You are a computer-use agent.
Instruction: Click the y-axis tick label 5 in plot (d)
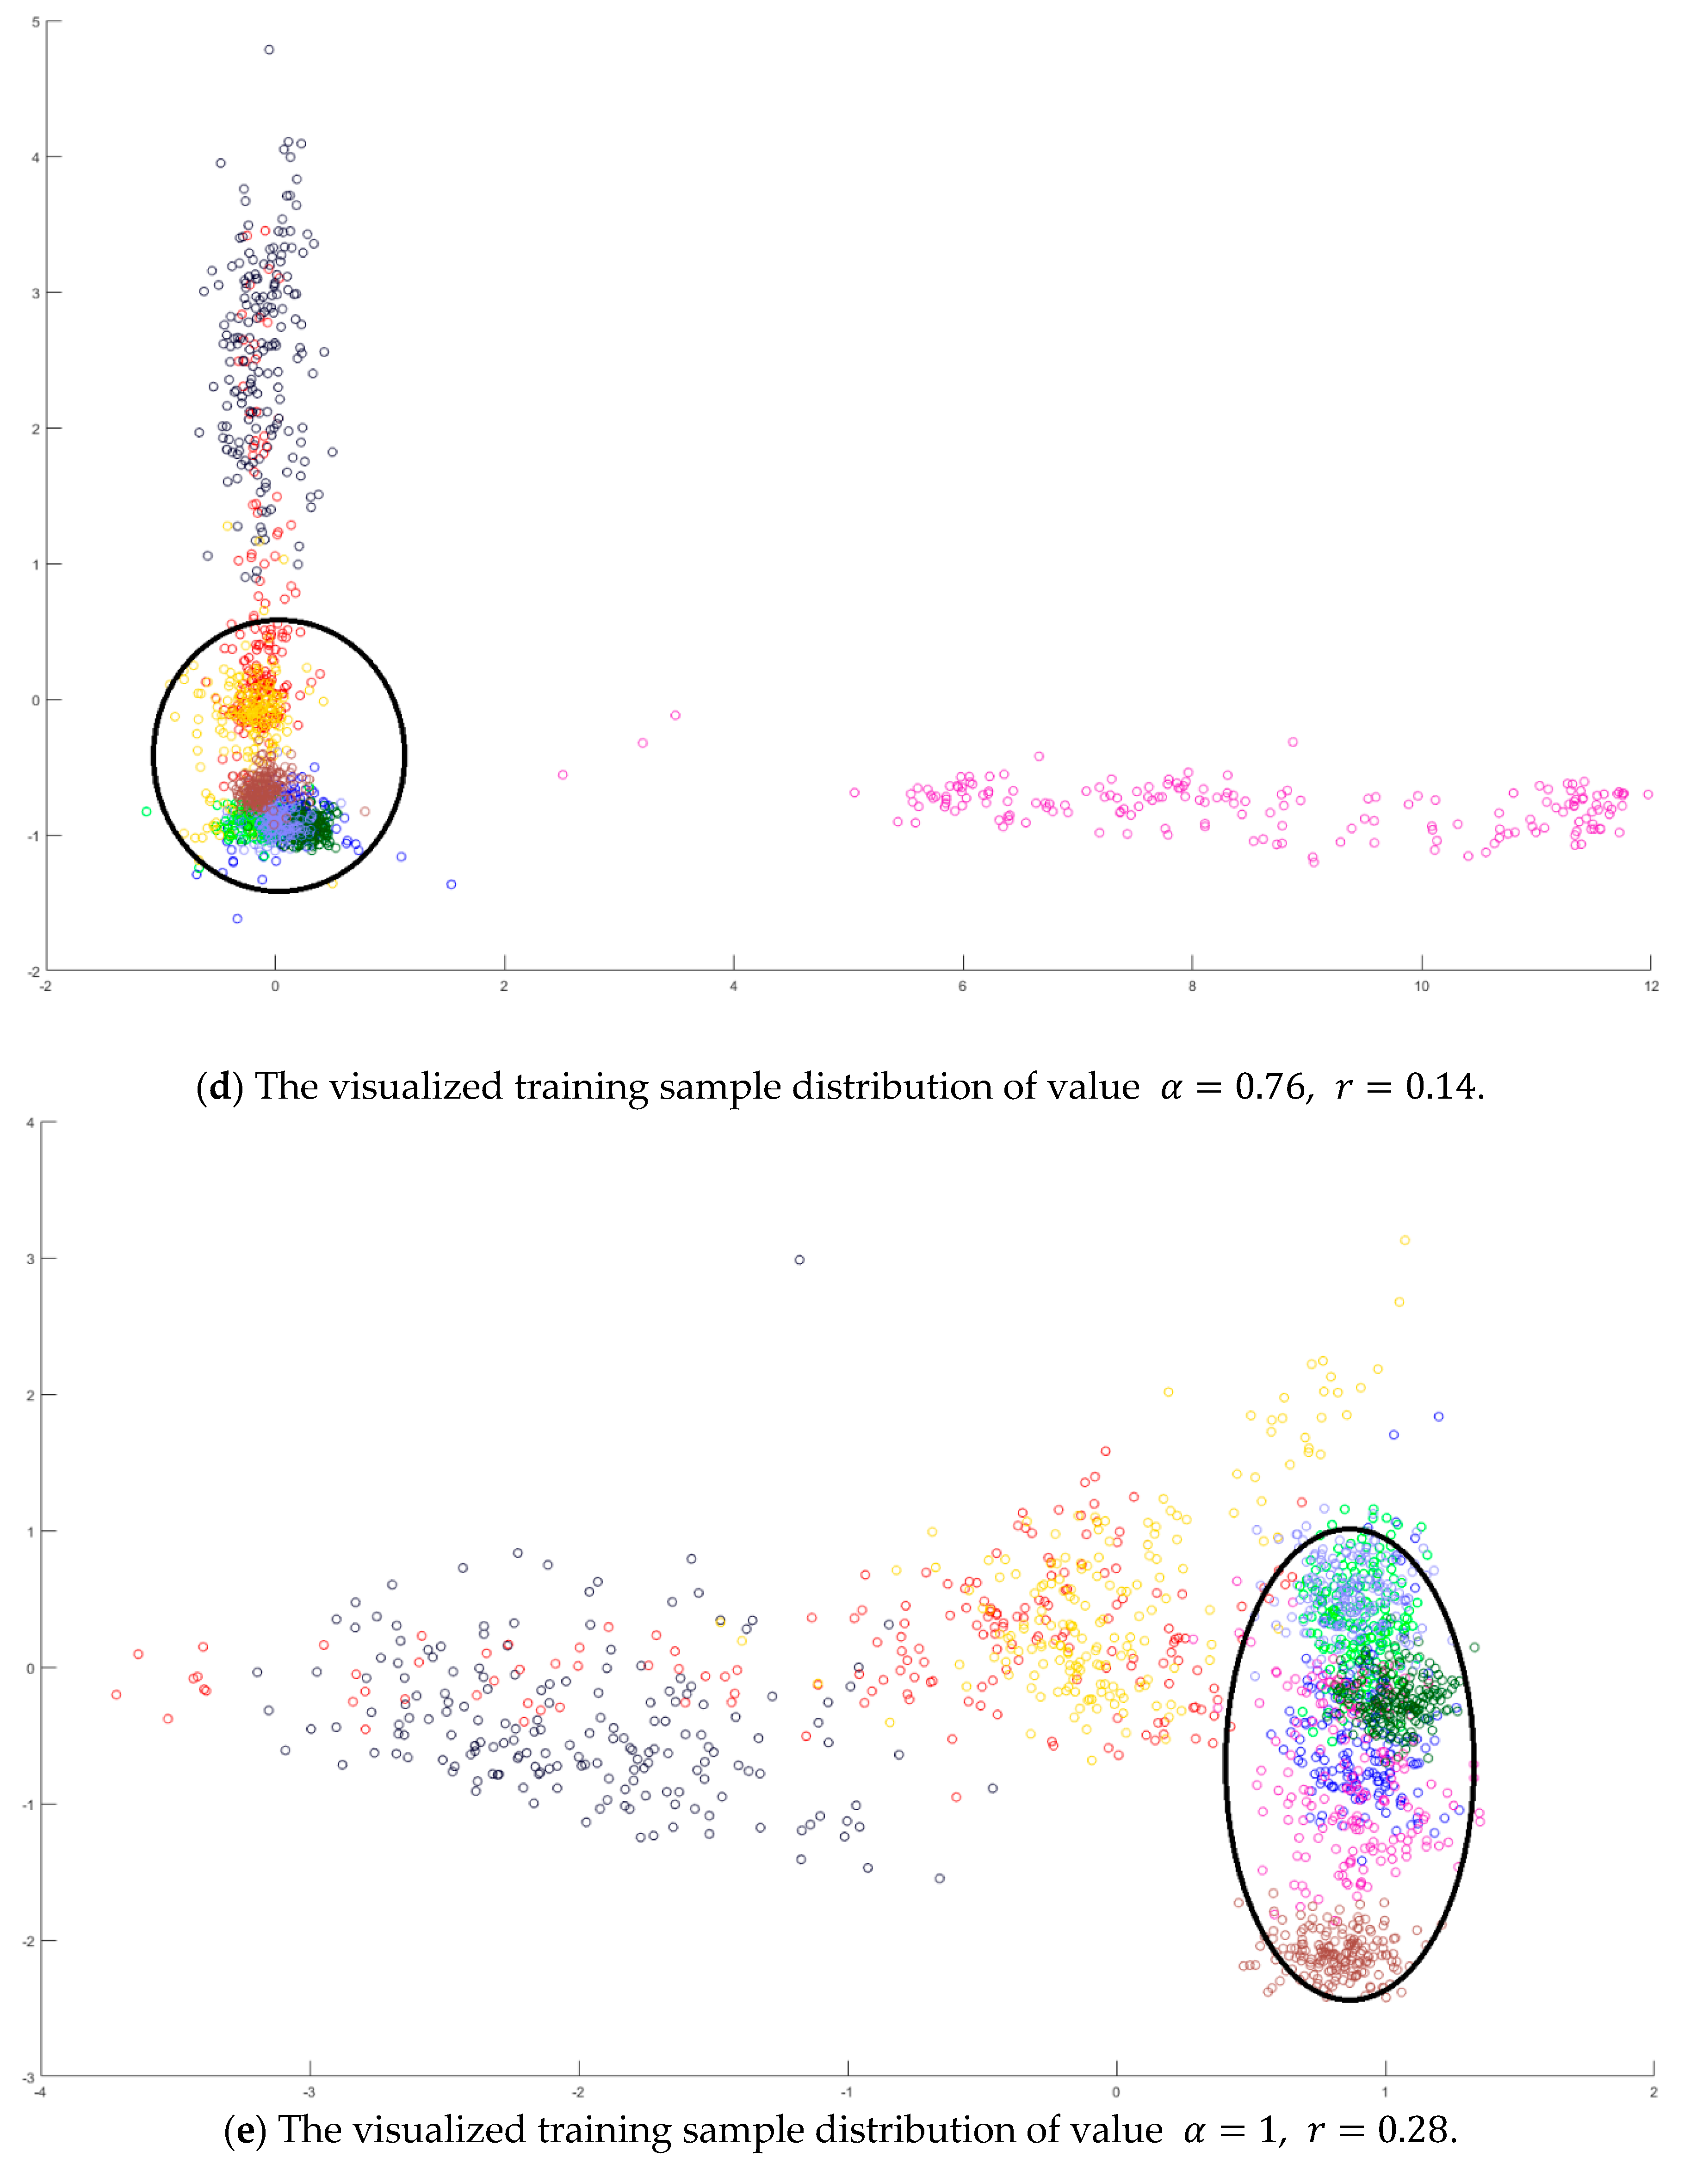[36, 22]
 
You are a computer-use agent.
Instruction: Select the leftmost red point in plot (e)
[116, 1694]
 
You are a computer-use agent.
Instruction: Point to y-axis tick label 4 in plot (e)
[31, 1123]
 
